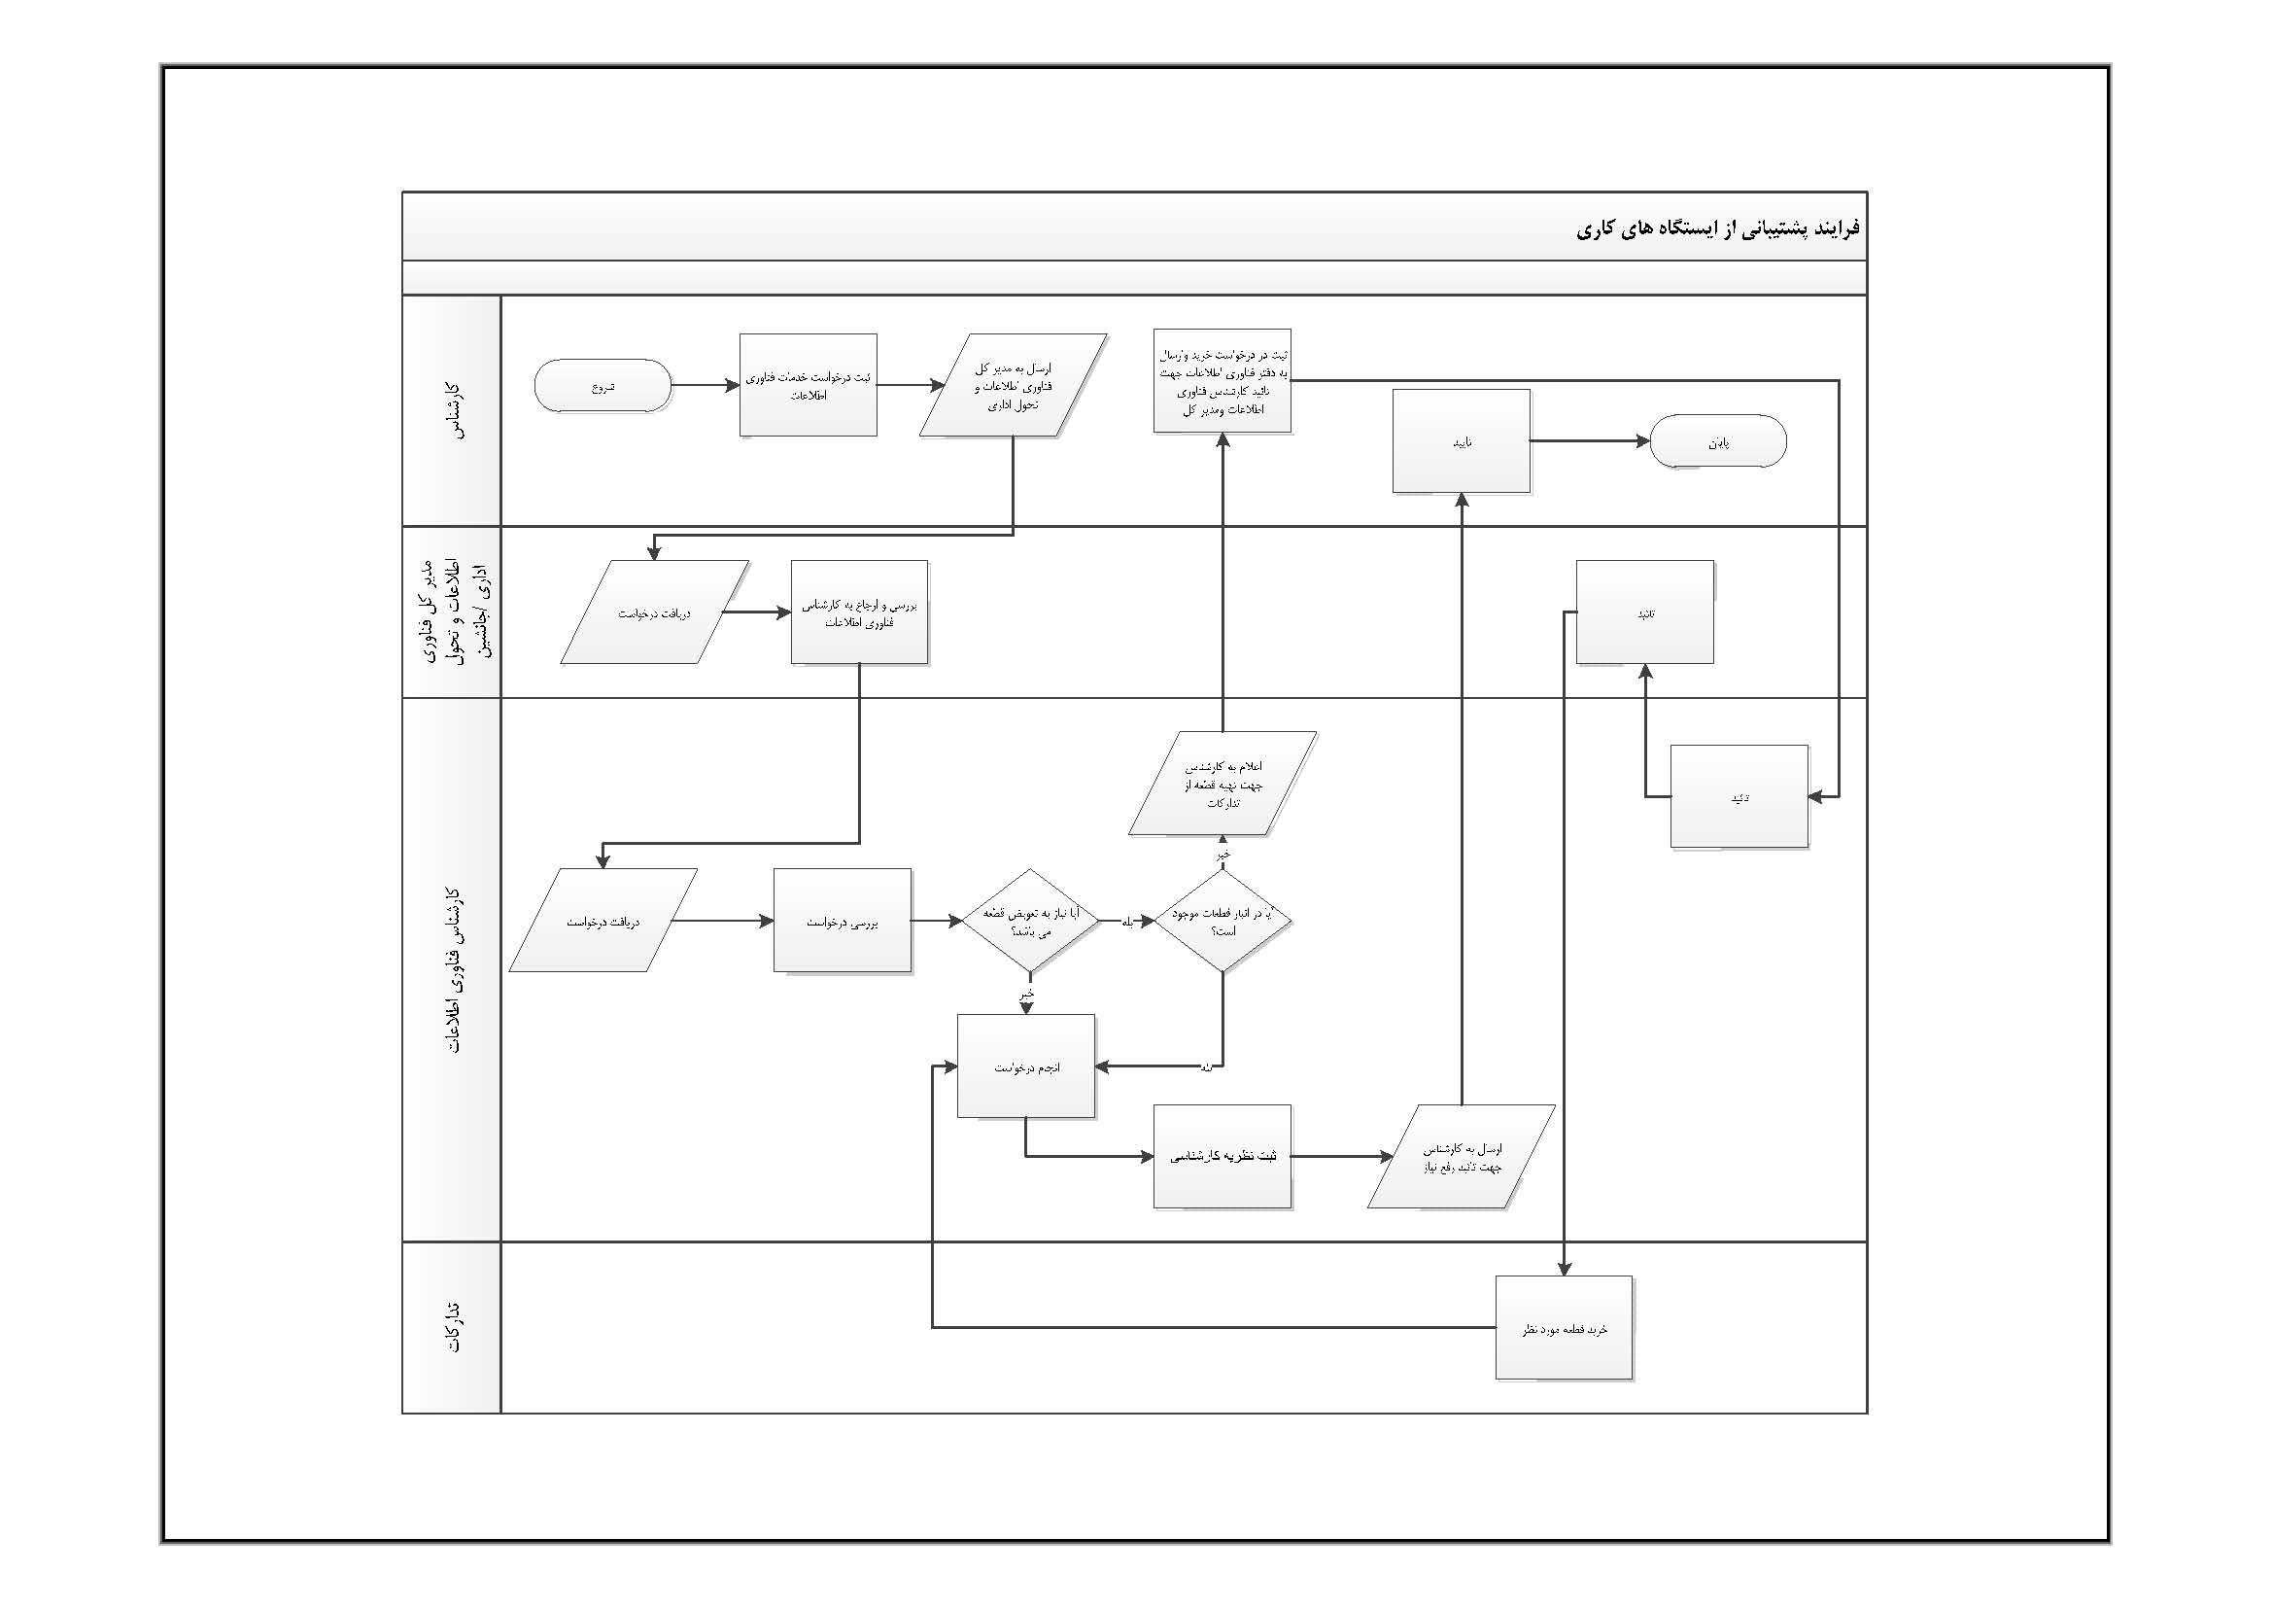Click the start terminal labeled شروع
coord(602,385)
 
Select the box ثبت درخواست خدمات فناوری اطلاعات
coord(808,385)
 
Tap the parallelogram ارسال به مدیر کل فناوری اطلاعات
coord(1012,385)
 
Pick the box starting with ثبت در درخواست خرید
coord(1222,381)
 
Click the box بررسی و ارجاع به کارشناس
coord(858,612)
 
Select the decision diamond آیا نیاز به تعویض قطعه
coord(1029,920)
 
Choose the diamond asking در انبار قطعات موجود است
coord(1223,920)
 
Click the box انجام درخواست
coord(1025,1066)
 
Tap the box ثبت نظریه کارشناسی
coord(1222,1156)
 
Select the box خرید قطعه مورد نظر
coord(1564,1328)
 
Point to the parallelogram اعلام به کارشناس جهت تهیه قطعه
coord(1223,784)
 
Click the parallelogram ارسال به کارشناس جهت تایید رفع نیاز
coord(1462,1157)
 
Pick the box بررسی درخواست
coord(842,921)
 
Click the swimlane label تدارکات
coord(453,1327)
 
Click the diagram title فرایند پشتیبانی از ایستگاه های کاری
coord(1717,228)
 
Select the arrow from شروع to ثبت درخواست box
coord(705,385)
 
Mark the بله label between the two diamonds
coord(1126,922)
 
